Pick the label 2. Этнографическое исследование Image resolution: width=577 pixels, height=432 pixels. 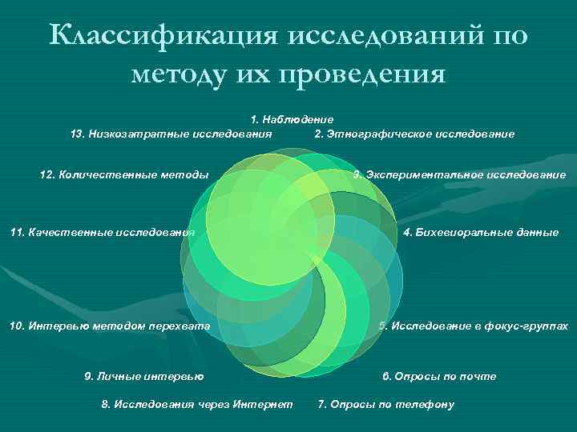(414, 134)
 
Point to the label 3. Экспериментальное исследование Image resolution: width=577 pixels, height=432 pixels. (459, 174)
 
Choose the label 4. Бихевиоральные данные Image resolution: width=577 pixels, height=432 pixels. (481, 233)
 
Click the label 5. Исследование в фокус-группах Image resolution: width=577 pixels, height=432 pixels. (474, 326)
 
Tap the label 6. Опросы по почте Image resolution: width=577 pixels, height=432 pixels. (439, 376)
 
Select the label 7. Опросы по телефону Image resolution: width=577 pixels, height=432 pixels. (386, 405)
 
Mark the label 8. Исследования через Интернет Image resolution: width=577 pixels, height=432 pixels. (197, 405)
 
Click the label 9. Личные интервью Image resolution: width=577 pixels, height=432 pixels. (144, 376)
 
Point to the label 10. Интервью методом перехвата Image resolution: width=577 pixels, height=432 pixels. (109, 326)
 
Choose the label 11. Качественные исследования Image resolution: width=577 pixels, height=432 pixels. (103, 233)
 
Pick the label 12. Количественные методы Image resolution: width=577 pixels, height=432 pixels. (124, 174)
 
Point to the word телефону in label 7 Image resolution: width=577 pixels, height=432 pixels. (426, 405)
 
